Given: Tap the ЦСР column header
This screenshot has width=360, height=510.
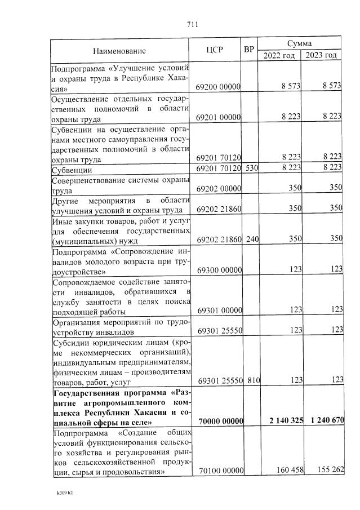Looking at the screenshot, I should click(x=215, y=50).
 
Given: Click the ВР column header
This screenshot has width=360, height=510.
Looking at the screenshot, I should click(x=250, y=50).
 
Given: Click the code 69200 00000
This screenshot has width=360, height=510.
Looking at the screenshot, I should click(x=219, y=87).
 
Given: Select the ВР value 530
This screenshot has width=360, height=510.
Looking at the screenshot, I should click(x=252, y=168).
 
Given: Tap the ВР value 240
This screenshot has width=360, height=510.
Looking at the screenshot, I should click(x=252, y=239).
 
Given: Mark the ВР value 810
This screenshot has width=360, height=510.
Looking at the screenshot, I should click(x=252, y=380).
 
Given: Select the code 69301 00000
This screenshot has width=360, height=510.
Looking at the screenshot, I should click(x=219, y=310).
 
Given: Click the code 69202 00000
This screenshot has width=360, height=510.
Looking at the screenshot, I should click(x=219, y=188).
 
